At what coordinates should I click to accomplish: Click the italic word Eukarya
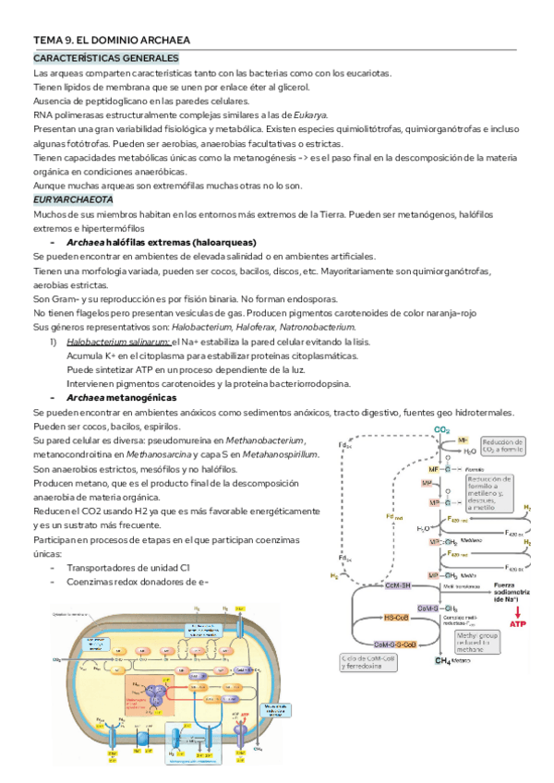click(309, 114)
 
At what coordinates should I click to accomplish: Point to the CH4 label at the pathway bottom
click(443, 660)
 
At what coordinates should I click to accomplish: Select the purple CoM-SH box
click(392, 586)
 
